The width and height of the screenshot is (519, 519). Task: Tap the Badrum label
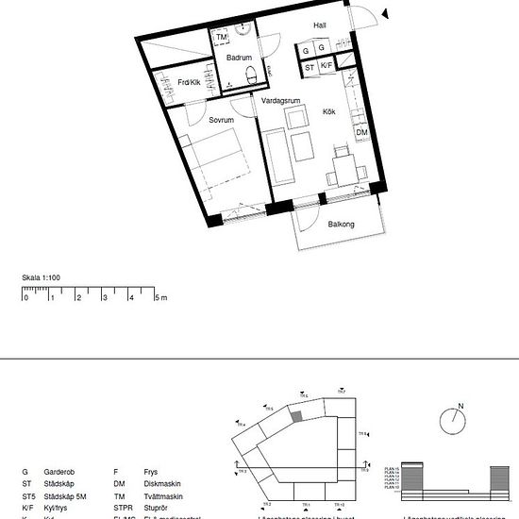(x=239, y=59)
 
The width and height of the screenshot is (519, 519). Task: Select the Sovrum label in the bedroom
(x=221, y=120)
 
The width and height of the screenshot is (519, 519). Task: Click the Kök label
(x=329, y=110)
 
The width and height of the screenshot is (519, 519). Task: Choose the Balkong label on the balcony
(x=341, y=225)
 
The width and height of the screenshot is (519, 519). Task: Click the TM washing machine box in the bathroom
(x=223, y=38)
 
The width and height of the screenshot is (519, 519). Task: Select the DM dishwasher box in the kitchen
(x=361, y=133)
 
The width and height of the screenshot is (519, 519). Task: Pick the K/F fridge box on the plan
(x=326, y=67)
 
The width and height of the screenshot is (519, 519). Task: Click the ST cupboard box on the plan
(x=310, y=67)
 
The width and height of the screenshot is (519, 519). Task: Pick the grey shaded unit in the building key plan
(x=296, y=415)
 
